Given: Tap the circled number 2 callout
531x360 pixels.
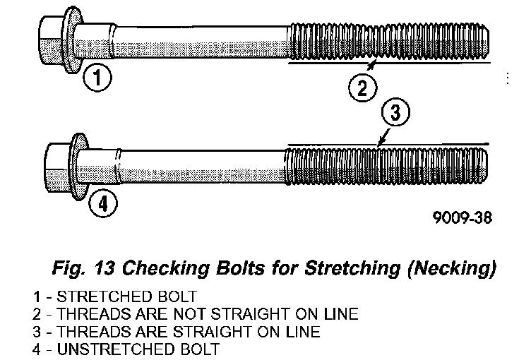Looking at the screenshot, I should tap(362, 88).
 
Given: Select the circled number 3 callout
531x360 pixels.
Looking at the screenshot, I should tap(396, 114).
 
